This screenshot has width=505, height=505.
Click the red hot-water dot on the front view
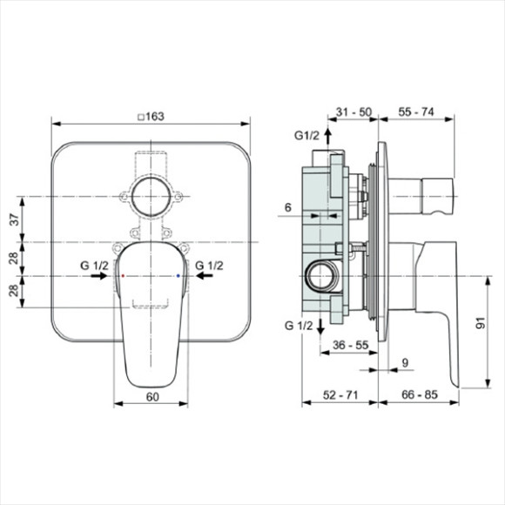click(124, 275)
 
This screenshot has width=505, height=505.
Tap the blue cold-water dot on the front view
click(178, 275)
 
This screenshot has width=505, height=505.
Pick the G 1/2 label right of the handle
click(210, 264)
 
